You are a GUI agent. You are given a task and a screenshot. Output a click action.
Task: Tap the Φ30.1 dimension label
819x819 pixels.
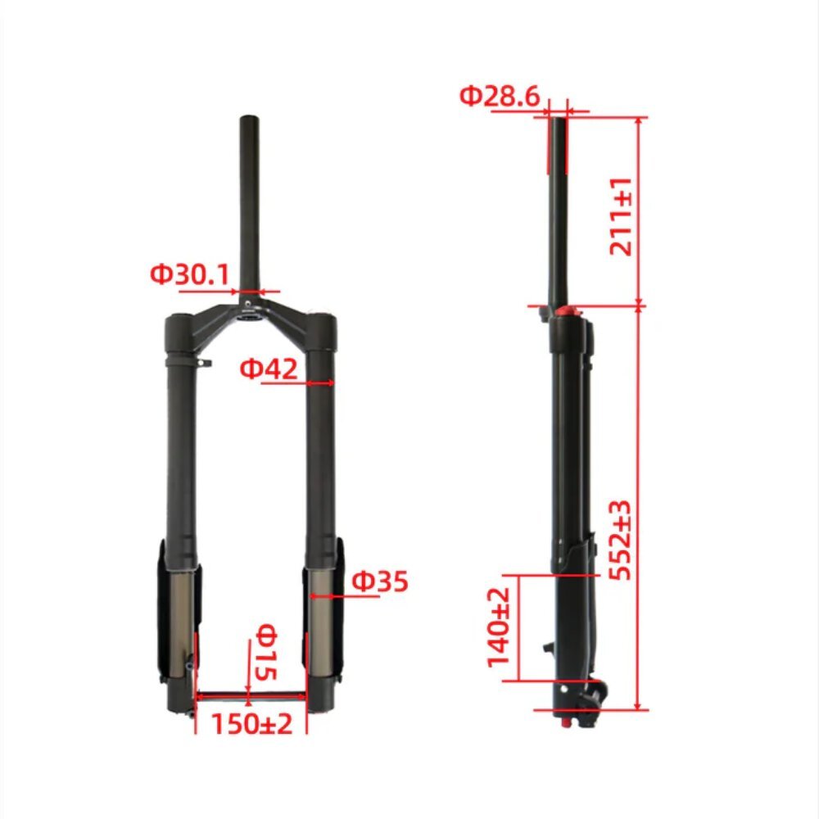click(190, 274)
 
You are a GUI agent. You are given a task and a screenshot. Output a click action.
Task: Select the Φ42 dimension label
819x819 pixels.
click(269, 369)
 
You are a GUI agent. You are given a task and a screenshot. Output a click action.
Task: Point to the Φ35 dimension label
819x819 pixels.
click(380, 581)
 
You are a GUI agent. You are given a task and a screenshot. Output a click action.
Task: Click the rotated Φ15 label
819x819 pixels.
click(265, 652)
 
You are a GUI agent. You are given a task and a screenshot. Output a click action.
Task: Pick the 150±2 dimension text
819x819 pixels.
click(251, 723)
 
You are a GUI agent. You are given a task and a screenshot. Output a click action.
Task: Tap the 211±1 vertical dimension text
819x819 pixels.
click(621, 216)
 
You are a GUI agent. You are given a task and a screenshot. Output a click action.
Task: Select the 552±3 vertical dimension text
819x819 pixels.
click(621, 540)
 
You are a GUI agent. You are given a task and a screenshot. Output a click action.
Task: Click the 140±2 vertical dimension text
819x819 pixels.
click(498, 627)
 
